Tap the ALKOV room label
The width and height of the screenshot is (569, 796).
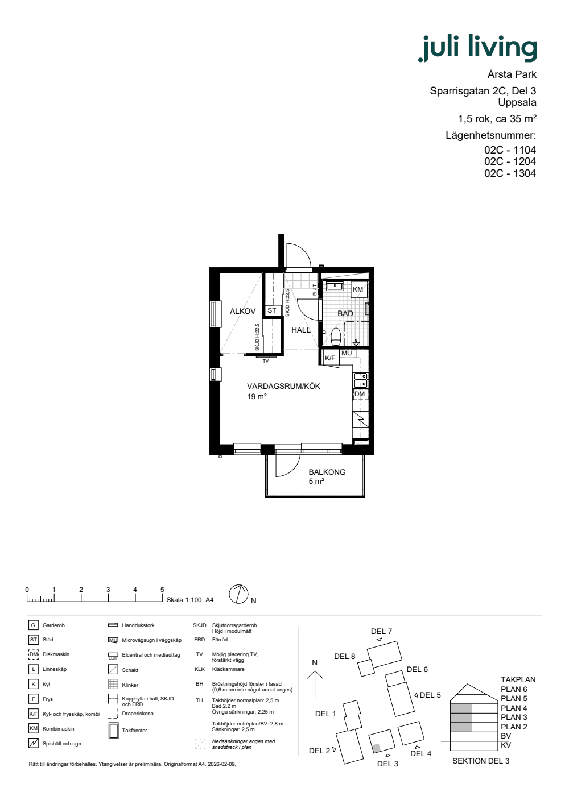(242, 312)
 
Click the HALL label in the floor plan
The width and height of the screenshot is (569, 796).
(301, 330)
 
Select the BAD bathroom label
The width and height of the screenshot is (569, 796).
(345, 313)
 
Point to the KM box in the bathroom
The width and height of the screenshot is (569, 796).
(358, 289)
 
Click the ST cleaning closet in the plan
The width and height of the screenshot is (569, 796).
(272, 310)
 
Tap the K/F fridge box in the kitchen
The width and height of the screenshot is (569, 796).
(330, 358)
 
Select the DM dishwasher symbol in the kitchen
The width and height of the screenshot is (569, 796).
(360, 394)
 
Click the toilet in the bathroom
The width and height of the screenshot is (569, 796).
(336, 337)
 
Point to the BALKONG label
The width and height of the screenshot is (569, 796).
(327, 472)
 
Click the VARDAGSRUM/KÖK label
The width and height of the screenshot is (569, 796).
(283, 386)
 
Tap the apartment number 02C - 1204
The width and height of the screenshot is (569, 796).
(510, 161)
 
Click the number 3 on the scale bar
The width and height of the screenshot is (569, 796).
(108, 590)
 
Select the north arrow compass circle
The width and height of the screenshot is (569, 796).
(238, 595)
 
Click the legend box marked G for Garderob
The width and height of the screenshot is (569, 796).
(33, 625)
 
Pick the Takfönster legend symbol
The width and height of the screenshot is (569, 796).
(113, 731)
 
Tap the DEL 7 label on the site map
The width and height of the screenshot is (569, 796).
(381, 632)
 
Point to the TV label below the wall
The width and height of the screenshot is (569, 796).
(266, 362)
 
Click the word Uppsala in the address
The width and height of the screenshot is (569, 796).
(517, 103)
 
